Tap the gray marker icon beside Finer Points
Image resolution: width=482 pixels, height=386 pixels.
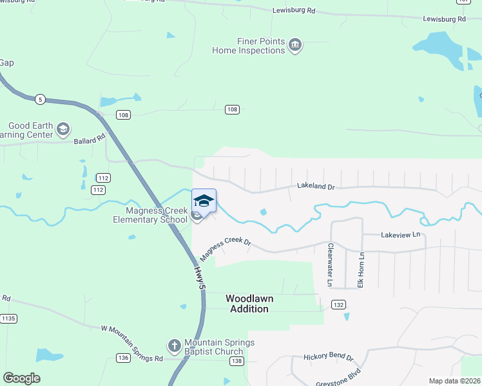(296, 44)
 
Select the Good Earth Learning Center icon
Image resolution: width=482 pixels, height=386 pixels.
(63, 129)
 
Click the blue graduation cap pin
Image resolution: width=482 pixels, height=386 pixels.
(204, 201)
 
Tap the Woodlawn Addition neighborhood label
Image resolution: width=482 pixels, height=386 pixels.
(247, 304)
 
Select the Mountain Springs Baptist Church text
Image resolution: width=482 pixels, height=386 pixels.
(210, 347)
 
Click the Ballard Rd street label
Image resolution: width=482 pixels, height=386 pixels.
(89, 140)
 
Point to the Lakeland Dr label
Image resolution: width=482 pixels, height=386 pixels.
(316, 187)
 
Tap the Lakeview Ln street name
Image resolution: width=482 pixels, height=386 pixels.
(400, 235)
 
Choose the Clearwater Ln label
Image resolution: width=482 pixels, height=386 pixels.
(330, 265)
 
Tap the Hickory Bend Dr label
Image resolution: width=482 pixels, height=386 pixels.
(329, 356)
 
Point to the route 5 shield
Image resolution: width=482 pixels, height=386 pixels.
(40, 99)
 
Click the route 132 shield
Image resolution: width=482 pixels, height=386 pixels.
(339, 304)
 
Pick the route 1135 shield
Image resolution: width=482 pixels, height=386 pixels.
(8, 318)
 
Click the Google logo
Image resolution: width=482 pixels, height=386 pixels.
(22, 378)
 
